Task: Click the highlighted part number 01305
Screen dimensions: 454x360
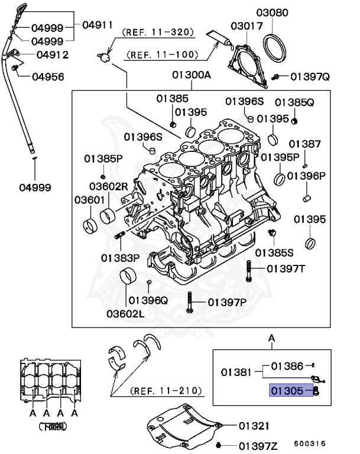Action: point(287,391)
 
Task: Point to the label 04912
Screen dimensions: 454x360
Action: point(53,55)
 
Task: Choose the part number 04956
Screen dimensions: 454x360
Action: point(48,76)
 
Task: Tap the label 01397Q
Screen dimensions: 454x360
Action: point(313,76)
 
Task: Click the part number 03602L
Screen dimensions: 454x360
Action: point(125,313)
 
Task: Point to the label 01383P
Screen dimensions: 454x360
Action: point(120,258)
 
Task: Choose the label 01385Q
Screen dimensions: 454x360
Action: point(294,102)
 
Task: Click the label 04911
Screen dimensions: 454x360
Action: point(98,25)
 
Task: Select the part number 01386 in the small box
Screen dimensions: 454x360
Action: point(287,367)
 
